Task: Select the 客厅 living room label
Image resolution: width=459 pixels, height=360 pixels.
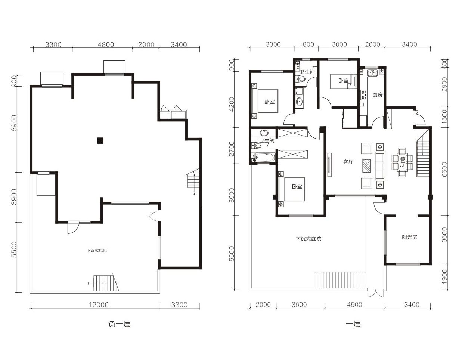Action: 348,162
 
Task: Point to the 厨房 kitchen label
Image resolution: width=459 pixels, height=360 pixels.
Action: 378,95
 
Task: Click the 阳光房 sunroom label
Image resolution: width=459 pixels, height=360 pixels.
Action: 409,237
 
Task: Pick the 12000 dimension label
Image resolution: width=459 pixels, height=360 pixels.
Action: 99,305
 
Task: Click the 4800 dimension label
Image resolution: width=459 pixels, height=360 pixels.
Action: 106,44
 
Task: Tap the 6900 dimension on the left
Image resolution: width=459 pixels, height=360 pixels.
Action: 14,123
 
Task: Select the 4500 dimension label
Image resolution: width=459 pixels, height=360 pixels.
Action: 354,305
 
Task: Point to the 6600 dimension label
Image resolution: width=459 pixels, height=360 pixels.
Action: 444,169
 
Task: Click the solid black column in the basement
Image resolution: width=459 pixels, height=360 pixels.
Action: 100,141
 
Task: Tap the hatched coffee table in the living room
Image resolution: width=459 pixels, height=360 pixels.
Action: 366,166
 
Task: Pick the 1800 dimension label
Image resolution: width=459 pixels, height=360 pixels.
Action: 307,44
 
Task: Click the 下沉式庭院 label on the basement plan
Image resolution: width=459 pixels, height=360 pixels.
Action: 97,251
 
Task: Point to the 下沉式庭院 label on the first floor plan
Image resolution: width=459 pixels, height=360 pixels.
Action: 308,239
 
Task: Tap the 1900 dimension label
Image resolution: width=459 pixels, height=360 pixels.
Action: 444,277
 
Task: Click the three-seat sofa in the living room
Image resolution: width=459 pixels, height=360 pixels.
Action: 381,166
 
